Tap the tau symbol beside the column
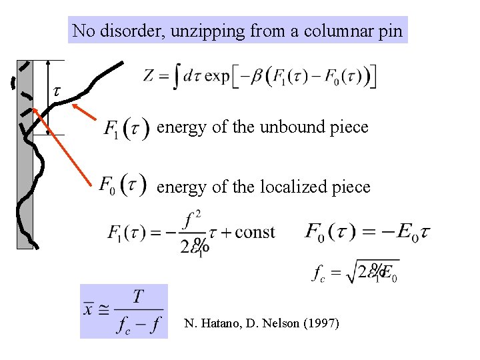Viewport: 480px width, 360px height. (57, 91)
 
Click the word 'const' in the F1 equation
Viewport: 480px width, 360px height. (255, 233)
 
